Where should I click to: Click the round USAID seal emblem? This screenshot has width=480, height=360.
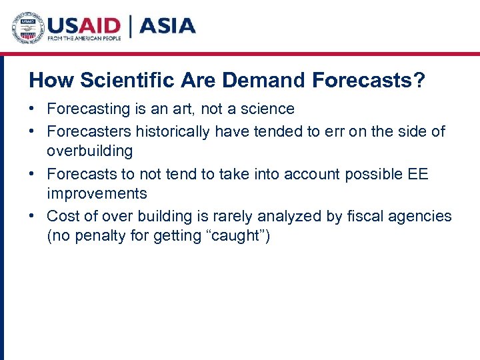click(x=27, y=28)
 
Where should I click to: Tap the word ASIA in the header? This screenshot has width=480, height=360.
click(x=167, y=26)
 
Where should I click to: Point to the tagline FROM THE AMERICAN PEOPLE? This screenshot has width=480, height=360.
click(x=84, y=39)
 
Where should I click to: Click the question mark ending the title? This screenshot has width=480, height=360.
click(x=419, y=81)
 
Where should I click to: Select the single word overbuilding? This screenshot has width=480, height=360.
click(x=89, y=151)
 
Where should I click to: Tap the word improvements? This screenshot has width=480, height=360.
click(x=97, y=194)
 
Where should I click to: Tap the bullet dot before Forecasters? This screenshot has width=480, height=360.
click(x=33, y=132)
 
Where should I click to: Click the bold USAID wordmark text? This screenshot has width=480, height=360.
click(x=83, y=25)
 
